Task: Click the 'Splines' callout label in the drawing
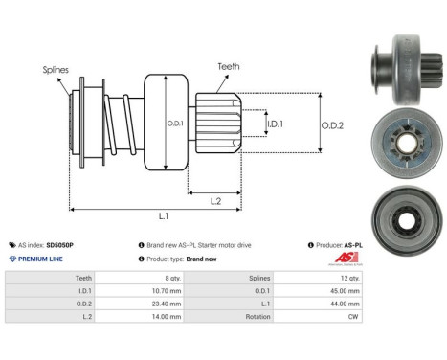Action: (55, 70)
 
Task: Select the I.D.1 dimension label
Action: (275, 124)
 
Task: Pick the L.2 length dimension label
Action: (217, 199)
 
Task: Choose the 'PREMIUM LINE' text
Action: (38, 259)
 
